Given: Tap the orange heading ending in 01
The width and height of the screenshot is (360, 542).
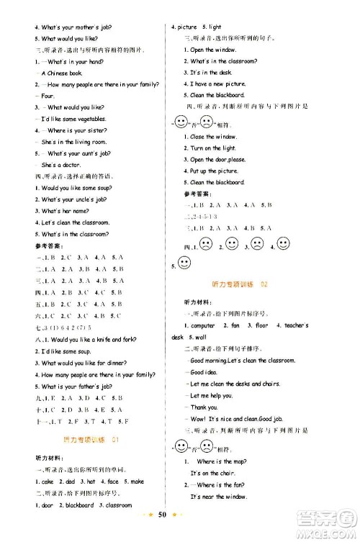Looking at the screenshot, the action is coord(91,439).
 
